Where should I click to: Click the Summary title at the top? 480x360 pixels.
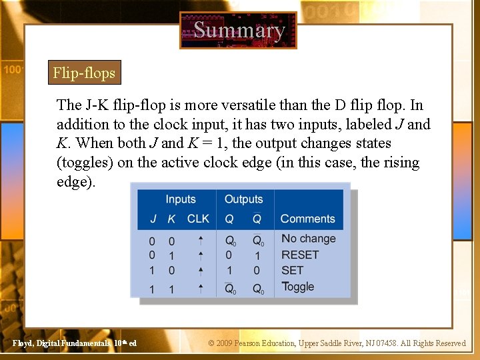239,30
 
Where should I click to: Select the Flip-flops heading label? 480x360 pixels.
84,73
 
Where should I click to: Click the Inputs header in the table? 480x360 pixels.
180,199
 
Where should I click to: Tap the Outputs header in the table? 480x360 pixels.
243,199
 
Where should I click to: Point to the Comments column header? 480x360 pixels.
307,219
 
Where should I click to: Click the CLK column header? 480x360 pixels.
198,219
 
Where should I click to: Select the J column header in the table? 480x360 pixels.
153,219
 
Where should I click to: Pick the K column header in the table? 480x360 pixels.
171,219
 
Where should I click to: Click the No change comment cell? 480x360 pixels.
308,239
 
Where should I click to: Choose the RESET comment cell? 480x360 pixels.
300,255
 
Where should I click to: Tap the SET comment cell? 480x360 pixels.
292,270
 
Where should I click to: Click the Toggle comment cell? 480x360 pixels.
297,287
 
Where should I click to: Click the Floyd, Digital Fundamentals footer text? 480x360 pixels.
75,343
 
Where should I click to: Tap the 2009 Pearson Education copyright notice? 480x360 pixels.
337,343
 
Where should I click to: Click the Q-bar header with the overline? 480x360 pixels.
257,219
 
